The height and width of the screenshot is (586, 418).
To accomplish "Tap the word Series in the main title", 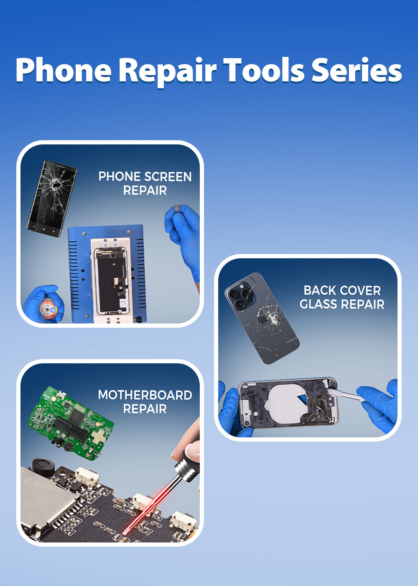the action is [x=357, y=70].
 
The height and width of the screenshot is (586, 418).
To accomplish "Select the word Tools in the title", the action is [x=264, y=70].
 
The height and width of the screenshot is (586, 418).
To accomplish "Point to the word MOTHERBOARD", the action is [x=145, y=395].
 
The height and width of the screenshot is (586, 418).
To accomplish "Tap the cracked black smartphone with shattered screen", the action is [x=52, y=199].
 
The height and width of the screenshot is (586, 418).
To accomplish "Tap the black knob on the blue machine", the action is [x=139, y=319].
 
